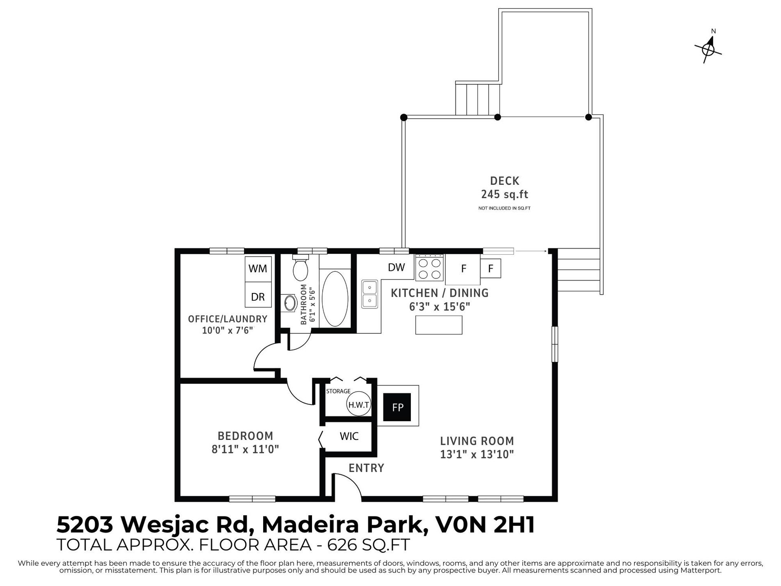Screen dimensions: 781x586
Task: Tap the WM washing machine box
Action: (258, 269)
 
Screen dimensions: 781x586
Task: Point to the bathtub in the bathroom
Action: (335, 298)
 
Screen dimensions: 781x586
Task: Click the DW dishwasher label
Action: (396, 267)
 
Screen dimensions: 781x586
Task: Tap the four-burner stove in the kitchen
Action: (430, 268)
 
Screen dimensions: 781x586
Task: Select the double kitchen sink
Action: (370, 294)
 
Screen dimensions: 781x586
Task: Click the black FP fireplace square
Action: (397, 407)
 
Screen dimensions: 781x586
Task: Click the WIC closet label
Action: (349, 436)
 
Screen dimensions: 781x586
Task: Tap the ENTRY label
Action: (366, 468)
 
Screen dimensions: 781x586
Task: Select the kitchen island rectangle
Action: (438, 325)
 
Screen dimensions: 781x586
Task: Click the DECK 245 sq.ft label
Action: (505, 188)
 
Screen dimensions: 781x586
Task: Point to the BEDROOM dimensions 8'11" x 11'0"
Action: (245, 449)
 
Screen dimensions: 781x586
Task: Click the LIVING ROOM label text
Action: (477, 441)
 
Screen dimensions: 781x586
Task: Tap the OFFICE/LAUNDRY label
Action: (227, 319)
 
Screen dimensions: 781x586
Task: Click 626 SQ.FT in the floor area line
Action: (369, 544)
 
